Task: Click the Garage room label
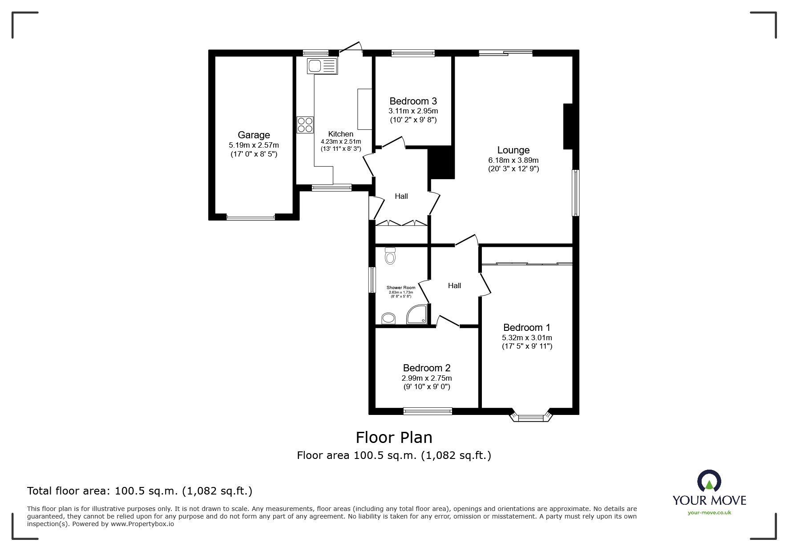tap(254, 135)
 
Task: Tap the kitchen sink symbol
tap(322, 66)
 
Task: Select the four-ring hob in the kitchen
tap(305, 124)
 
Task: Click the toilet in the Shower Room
tap(390, 256)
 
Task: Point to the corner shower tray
tap(418, 314)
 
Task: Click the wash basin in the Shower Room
tap(388, 318)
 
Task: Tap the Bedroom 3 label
tap(413, 101)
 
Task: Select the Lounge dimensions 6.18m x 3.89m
tap(513, 160)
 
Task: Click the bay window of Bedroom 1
tap(531, 417)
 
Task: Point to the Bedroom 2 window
tap(427, 411)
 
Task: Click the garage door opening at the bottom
tap(251, 217)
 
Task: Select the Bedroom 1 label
tap(526, 328)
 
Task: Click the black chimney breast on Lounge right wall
tap(568, 126)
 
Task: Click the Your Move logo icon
tap(709, 481)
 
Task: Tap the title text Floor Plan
tap(394, 438)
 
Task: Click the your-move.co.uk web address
tap(709, 513)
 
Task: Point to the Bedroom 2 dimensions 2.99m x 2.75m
tap(426, 378)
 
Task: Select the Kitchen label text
tap(340, 134)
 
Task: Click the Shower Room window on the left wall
tap(372, 280)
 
